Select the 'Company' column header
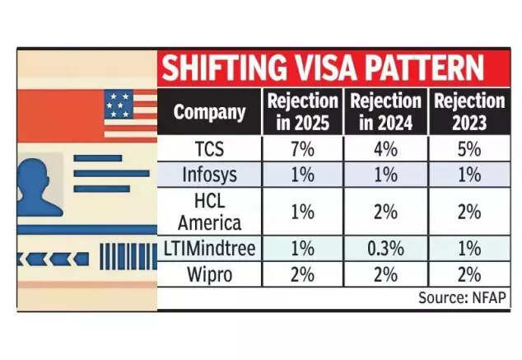coord(209,112)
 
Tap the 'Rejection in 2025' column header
coord(302,112)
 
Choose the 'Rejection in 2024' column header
coord(385,112)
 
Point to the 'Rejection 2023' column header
coord(468,112)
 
